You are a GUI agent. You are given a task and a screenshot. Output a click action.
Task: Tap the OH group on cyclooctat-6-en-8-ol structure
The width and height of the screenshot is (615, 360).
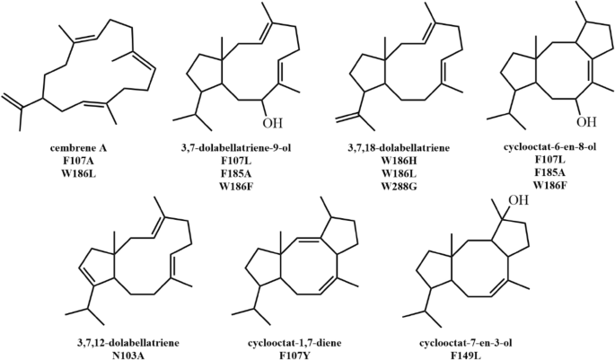point(586,119)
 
